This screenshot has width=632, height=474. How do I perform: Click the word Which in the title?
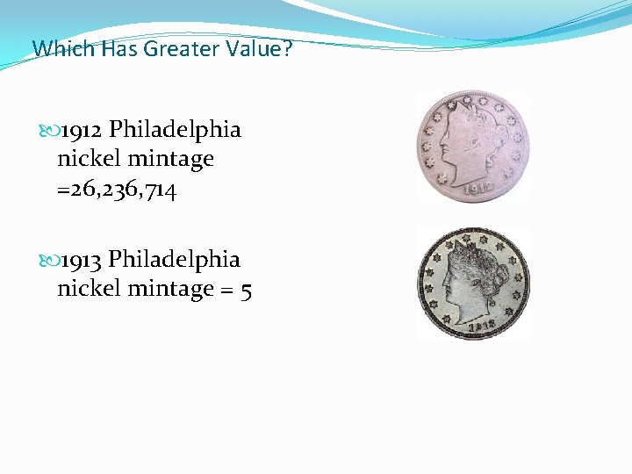63,48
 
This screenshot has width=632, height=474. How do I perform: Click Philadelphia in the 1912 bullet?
175,130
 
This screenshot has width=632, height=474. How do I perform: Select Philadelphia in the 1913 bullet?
175,260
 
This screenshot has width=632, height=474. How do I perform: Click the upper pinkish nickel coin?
472,146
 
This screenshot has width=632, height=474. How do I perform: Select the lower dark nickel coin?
472,284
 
